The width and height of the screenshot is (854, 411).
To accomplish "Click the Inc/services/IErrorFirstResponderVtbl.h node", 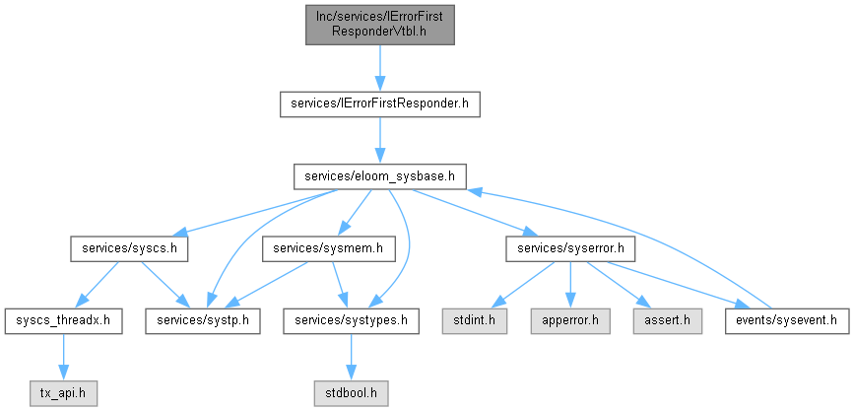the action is point(379,25).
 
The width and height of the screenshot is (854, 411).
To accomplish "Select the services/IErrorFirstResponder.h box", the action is point(379,103).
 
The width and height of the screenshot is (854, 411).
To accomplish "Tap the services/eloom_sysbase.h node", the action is point(379,176).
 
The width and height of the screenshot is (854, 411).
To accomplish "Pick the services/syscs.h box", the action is point(129,249).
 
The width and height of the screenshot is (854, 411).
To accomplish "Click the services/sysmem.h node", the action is point(328,249).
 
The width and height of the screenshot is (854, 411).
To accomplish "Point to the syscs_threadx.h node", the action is point(64,321).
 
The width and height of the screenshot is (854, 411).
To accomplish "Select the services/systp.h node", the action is point(202,321).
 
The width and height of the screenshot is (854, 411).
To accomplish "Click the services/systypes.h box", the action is point(351,321).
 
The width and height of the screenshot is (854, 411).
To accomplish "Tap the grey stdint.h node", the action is point(474,321).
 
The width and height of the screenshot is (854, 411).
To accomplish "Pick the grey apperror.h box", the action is point(569,321).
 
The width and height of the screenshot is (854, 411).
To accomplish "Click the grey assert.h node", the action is point(667,321).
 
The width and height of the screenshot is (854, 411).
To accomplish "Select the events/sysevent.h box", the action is point(786,321).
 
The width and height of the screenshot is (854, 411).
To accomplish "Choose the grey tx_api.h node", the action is point(64,393).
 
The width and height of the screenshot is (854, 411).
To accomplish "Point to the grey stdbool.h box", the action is point(351,393).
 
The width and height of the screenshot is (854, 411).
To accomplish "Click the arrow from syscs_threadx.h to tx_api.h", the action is point(64,358).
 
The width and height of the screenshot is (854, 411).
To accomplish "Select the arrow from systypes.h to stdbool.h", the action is point(351,358).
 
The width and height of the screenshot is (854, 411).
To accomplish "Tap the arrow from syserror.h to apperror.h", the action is point(570,285).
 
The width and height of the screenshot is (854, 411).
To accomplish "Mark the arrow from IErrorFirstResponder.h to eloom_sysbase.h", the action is point(379,140).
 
